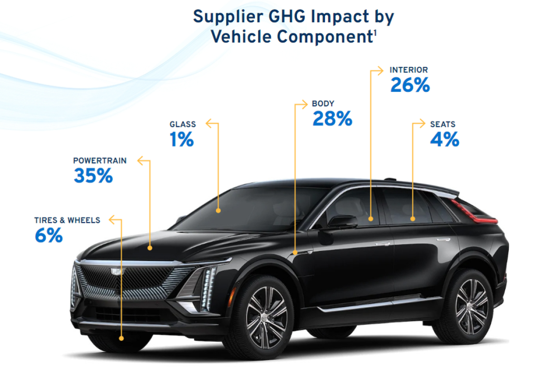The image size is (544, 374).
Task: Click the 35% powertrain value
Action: pos(93,176)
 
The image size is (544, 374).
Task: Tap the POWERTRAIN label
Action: pos(100,161)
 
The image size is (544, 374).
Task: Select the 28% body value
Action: pos(332,119)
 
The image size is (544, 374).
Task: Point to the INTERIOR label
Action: pos(408,70)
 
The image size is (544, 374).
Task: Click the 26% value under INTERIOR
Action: pos(410,86)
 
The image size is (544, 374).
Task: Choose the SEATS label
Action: pos(443,124)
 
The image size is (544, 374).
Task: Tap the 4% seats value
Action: pos(444,140)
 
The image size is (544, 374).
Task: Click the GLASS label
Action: pos(183,124)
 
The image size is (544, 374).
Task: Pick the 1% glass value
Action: pos(182,140)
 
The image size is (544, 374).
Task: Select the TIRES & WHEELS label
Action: pos(67,221)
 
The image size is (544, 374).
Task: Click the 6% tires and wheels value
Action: pos(49,236)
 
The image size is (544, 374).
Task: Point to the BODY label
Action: pos(323,104)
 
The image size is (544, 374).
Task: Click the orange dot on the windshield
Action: pos(218,211)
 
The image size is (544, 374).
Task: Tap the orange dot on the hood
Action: pos(150,248)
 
